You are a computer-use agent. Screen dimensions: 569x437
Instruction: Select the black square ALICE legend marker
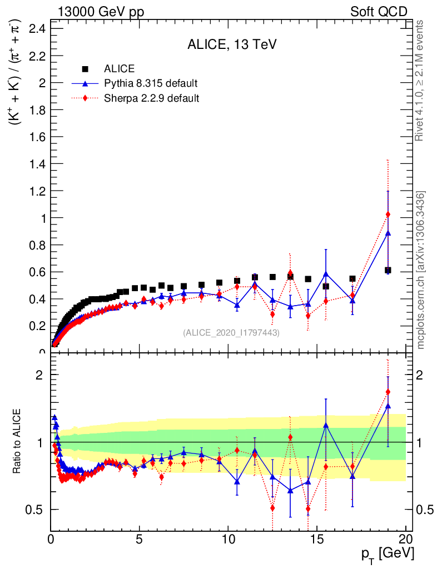point(85,69)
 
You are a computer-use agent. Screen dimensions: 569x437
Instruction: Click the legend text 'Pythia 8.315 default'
point(151,84)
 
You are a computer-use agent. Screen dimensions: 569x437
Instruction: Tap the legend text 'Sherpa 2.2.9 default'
point(152,98)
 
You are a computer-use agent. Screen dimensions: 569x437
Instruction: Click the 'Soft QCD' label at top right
point(379,12)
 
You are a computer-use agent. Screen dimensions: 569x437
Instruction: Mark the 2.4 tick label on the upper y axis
point(36,29)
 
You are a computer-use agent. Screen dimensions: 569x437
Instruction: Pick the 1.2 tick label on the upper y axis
point(36,191)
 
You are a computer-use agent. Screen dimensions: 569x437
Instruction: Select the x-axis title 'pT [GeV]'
point(383,553)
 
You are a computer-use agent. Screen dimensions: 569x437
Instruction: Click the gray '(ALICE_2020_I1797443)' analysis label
point(231,332)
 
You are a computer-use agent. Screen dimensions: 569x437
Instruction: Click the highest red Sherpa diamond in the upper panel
point(388,214)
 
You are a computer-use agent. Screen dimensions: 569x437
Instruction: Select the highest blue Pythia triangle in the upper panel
point(388,233)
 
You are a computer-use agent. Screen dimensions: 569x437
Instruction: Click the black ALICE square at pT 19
point(388,270)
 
